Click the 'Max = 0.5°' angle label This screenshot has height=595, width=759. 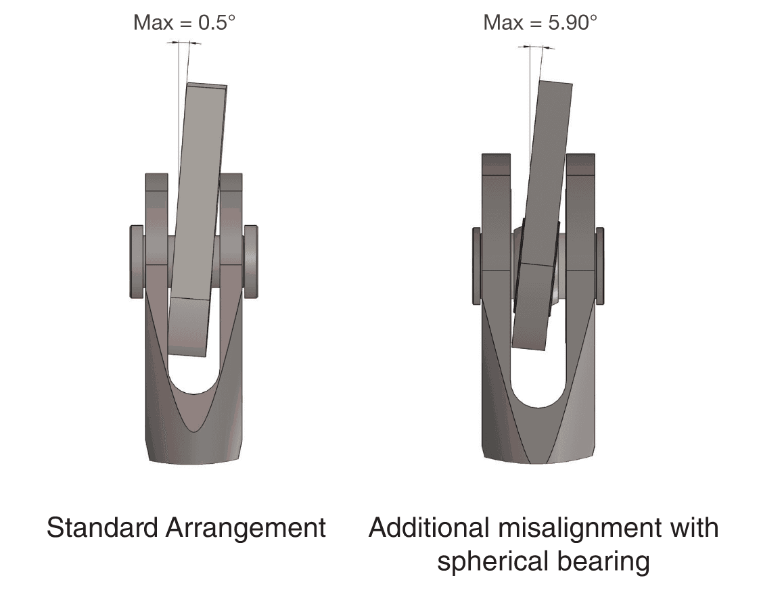point(184,23)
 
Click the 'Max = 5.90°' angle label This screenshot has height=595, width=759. point(540,23)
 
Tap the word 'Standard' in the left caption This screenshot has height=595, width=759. point(101,527)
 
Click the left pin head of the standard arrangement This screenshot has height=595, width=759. point(136,262)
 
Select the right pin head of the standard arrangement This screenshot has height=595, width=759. point(251,262)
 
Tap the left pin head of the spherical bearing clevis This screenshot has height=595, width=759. point(476,266)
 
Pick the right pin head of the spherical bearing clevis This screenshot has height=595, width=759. point(599,266)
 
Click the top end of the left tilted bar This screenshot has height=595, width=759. point(206,87)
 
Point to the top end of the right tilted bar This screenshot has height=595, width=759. point(555,85)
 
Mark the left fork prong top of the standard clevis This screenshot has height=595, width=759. point(156,181)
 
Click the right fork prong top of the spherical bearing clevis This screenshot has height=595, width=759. point(580,162)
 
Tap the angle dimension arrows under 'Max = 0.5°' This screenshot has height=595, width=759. point(184,43)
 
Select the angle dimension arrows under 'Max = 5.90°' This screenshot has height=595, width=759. point(537,47)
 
